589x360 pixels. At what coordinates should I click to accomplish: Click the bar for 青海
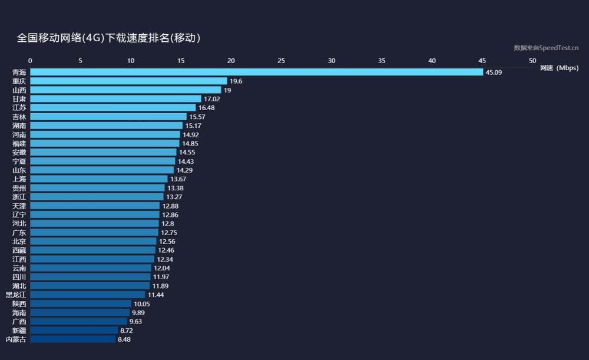256,72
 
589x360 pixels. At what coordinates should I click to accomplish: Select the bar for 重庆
128,81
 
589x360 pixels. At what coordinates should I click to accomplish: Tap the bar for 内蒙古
72,339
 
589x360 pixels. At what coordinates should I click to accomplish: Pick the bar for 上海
99,179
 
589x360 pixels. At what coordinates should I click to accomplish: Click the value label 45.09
494,72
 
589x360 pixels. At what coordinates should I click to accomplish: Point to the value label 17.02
211,99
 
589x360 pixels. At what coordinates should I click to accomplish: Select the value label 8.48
124,339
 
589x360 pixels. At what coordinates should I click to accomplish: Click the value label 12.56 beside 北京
167,242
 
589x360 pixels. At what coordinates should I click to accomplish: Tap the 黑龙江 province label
16,295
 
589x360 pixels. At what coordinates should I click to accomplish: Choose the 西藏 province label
19,250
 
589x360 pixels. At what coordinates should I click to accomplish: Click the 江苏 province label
19,108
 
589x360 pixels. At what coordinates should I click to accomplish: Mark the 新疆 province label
19,331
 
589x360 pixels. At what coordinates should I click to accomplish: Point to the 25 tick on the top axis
282,61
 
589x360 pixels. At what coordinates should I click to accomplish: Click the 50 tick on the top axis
532,61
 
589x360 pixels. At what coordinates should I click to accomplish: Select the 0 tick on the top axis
31,61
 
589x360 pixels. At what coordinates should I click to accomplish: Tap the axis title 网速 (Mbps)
559,68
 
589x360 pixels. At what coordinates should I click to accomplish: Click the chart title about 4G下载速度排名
108,38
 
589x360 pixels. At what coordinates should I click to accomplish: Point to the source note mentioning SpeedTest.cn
546,48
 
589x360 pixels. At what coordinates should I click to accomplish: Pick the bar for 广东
94,233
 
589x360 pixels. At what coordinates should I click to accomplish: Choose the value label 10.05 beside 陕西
142,304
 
